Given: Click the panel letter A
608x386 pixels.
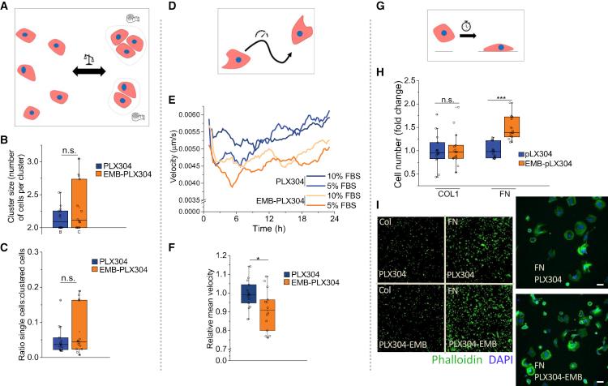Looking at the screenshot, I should pyautogui.click(x=6, y=6).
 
